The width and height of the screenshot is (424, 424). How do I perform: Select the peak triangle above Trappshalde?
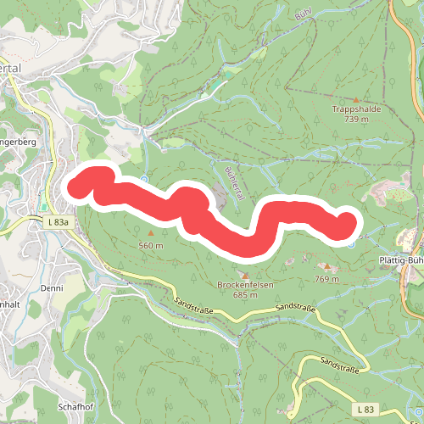[x=355, y=99]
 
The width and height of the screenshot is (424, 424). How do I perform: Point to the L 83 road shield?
[x=366, y=410]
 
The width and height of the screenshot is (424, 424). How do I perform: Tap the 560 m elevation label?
[x=150, y=245]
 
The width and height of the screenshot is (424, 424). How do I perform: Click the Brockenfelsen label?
[x=245, y=285]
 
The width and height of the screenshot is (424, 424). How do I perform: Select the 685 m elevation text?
[x=245, y=295]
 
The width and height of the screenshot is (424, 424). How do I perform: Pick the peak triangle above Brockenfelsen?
[x=245, y=275]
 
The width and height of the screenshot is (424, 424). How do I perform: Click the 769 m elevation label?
[x=326, y=279]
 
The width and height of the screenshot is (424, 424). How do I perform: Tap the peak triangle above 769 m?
[x=327, y=266]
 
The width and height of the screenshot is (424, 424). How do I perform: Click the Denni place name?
[x=51, y=287]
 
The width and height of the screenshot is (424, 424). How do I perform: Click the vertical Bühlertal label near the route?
[x=235, y=183]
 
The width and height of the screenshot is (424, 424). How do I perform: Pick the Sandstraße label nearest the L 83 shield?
[x=338, y=365]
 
